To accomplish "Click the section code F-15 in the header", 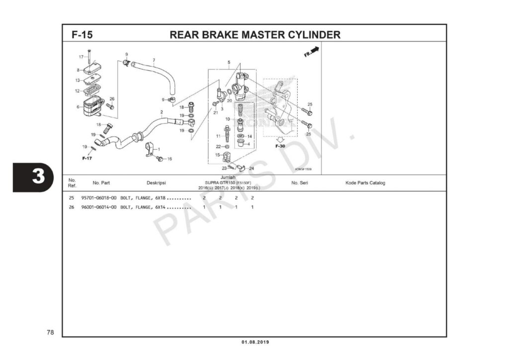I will click(82, 35).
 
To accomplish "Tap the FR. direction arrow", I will click(312, 52).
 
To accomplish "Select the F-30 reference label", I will click(280, 146).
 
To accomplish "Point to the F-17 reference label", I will click(87, 158).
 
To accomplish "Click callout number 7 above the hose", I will click(154, 60).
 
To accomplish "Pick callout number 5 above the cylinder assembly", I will click(229, 62).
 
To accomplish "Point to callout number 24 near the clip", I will click(251, 169).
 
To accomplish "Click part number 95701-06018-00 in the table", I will click(99, 198).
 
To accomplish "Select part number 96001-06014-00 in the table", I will click(99, 207).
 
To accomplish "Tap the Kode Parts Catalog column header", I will click(365, 183).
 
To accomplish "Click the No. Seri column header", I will click(299, 183).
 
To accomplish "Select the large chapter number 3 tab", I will click(32, 177).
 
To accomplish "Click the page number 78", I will click(50, 332).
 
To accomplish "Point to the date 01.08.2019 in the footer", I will click(254, 342).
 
